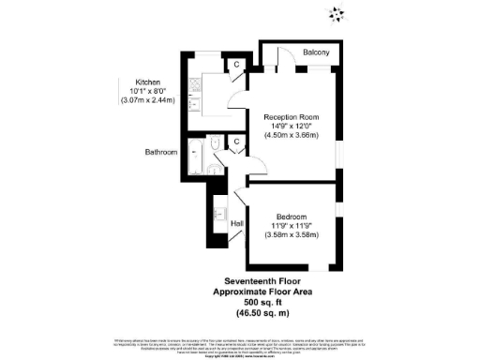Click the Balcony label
pos(316,53)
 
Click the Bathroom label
pos(160,152)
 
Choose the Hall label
pos(237,223)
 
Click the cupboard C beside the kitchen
pos(236,64)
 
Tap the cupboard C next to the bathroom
pos(236,142)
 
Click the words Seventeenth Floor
pos(267,280)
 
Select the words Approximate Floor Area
pos(267,291)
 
